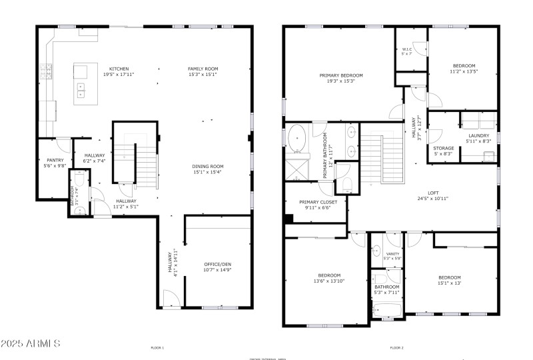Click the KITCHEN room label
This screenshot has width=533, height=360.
tap(119, 69)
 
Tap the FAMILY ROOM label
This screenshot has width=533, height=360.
tap(203, 69)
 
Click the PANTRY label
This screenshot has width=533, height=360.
tap(55, 160)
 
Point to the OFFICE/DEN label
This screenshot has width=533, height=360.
tap(217, 264)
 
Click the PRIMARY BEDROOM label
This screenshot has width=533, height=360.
tap(340, 75)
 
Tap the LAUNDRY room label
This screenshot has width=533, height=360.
tap(479, 135)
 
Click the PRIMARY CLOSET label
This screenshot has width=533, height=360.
tap(318, 201)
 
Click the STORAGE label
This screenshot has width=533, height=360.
tap(444, 148)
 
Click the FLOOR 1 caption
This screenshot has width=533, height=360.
tap(157, 347)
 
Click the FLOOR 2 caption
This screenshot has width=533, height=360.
tap(397, 347)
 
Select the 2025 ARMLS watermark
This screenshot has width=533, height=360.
tap(31, 343)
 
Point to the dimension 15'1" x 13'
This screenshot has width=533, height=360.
tap(450, 283)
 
